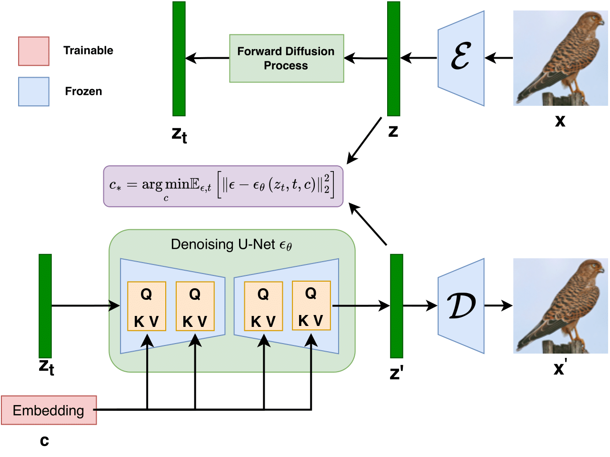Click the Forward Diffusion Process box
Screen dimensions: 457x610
(x=286, y=58)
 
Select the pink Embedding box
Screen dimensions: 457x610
(x=49, y=410)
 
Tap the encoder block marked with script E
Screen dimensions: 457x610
(x=460, y=58)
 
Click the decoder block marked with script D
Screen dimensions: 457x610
(x=460, y=306)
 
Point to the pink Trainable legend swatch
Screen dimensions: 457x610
(x=34, y=51)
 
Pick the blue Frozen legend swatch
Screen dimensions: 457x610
(x=34, y=91)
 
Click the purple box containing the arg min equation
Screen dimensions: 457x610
(x=223, y=186)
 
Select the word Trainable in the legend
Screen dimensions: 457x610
(x=88, y=51)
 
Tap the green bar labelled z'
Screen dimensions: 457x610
(x=396, y=306)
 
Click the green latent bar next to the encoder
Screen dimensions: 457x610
(x=393, y=59)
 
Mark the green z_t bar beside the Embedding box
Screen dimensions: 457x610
(x=45, y=306)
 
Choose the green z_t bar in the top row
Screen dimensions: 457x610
(x=179, y=59)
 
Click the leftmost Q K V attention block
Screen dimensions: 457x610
(x=147, y=306)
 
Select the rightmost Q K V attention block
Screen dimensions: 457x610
(x=311, y=305)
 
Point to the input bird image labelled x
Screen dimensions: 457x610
(x=560, y=58)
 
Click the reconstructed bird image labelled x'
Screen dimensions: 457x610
(x=560, y=306)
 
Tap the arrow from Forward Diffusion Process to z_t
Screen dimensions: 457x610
(x=208, y=59)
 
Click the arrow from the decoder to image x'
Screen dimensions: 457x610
(x=498, y=306)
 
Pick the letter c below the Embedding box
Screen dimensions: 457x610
(x=44, y=441)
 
